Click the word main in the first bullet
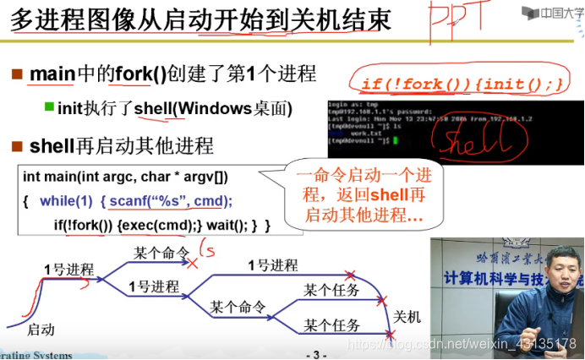click(52, 74)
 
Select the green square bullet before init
click(49, 108)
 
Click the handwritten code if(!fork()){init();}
click(461, 84)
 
